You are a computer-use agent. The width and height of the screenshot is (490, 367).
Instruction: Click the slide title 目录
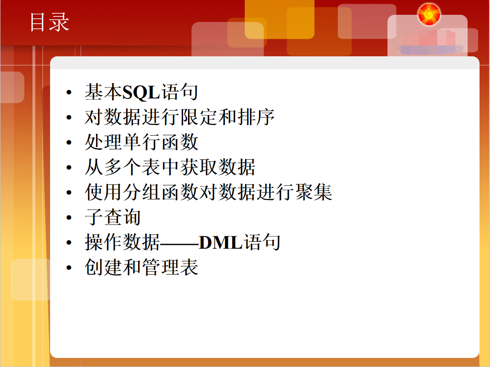point(49,22)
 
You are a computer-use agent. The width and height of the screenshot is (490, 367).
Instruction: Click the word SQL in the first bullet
point(141,93)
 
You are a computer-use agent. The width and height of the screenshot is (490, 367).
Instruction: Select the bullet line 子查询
point(112,217)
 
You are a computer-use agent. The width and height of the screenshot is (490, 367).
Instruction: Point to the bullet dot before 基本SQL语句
point(69,93)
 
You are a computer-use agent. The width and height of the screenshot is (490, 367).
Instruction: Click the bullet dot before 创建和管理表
point(69,268)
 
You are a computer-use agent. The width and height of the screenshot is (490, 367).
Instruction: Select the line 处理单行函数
point(142,143)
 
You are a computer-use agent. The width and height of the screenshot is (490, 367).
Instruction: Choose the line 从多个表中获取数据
point(170,168)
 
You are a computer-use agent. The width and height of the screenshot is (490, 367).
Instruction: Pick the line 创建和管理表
point(142,267)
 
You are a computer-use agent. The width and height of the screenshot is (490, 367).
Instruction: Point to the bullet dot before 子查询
point(69,218)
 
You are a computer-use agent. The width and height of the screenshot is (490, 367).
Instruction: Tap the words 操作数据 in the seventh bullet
point(122,243)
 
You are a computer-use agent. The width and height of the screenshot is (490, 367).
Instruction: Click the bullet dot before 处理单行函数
point(69,143)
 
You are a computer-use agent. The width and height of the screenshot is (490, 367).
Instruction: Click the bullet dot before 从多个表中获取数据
point(69,168)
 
